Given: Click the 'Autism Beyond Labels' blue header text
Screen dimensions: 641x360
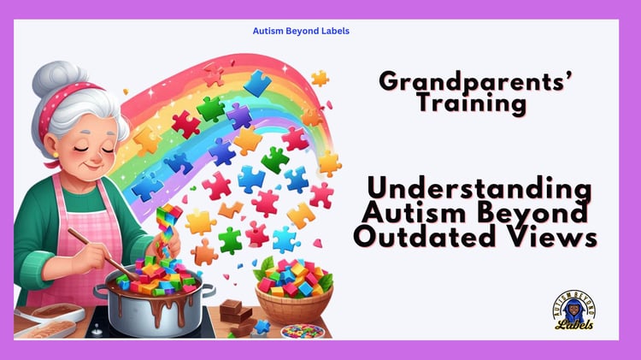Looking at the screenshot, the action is click(x=301, y=31).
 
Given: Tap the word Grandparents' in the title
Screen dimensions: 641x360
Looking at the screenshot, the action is click(x=475, y=81).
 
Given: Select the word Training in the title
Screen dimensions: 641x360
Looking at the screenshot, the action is click(x=472, y=103).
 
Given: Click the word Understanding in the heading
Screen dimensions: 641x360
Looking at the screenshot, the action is click(x=479, y=188).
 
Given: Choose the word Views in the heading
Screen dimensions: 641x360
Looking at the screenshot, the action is click(x=546, y=236).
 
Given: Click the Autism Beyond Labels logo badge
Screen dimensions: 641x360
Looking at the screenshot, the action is click(x=574, y=310).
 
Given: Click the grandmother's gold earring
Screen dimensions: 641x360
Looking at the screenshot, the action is click(x=56, y=155).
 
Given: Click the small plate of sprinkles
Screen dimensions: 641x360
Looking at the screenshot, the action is click(x=303, y=331).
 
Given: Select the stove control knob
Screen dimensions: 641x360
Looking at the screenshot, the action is click(x=96, y=329).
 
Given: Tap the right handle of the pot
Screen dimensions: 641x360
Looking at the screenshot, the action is click(x=208, y=290).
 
